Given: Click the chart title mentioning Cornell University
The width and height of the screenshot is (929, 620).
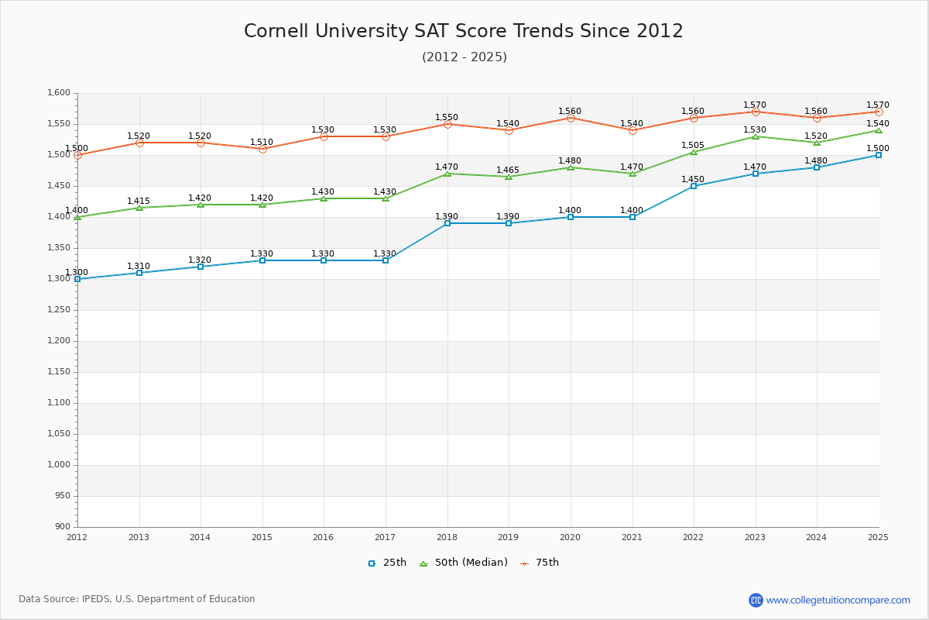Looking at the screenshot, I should pos(464,31).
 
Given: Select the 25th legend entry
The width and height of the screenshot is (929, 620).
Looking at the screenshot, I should pos(387,563).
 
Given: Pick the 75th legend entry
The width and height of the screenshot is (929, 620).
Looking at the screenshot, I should pos(540,563).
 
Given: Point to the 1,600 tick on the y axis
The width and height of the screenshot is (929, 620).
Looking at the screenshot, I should pos(60,93).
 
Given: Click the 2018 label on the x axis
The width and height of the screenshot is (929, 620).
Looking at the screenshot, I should pos(447,537).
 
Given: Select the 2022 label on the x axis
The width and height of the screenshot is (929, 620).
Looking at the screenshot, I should pos(693,537).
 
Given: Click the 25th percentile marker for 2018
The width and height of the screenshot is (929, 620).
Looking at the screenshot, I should pos(447,223).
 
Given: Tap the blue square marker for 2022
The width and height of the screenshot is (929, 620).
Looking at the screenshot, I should pos(694,186).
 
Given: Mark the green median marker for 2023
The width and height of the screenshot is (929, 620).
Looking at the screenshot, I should pos(756,136).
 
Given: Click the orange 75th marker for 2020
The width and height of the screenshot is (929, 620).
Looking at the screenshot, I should pos(571,118).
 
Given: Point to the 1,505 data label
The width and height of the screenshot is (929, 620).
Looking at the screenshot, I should pos(693,145).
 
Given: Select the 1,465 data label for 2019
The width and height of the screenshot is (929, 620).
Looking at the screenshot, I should pos(508,170).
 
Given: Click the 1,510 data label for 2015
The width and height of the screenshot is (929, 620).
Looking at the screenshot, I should pos(262,142).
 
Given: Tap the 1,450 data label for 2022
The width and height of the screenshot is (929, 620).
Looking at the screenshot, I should pos(693,179).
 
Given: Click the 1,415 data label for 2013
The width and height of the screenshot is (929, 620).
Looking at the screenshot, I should pos(139,201).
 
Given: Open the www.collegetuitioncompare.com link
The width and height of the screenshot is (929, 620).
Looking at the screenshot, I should pos(838,600).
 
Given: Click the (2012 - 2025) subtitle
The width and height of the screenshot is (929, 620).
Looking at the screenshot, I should pos(464,57).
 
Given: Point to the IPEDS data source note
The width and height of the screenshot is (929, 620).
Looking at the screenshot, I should pos(137,599).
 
